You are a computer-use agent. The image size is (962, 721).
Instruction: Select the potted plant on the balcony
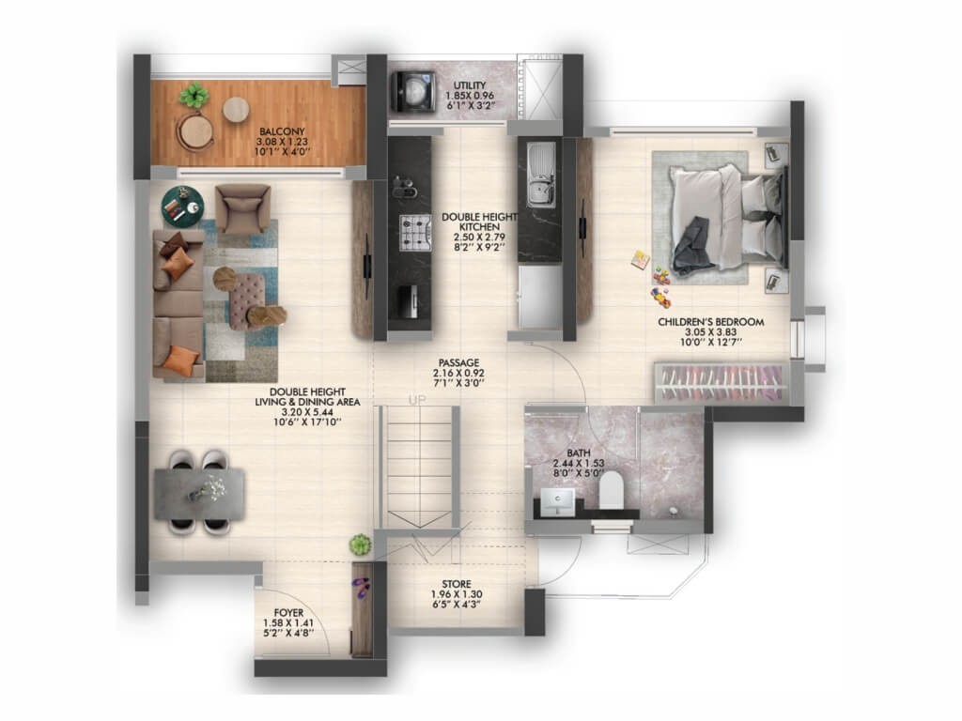pos(194,95)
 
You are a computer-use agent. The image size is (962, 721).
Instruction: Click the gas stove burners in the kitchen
pos(415,233)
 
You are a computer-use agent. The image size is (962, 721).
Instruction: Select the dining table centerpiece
pos(206,488)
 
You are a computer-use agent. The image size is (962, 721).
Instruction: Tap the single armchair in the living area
pos(243,207)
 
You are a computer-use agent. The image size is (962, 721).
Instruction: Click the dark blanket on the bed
pos(693,245)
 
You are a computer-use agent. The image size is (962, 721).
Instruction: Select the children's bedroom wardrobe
pos(721,383)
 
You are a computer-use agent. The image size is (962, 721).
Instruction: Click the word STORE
pos(457,584)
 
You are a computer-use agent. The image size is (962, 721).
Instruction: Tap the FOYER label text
pos(288,612)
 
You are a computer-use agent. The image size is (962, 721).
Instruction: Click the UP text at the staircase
pos(417,400)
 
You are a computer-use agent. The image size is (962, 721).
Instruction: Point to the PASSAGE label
pos(458,363)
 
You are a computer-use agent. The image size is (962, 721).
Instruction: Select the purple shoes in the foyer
pos(362,588)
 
